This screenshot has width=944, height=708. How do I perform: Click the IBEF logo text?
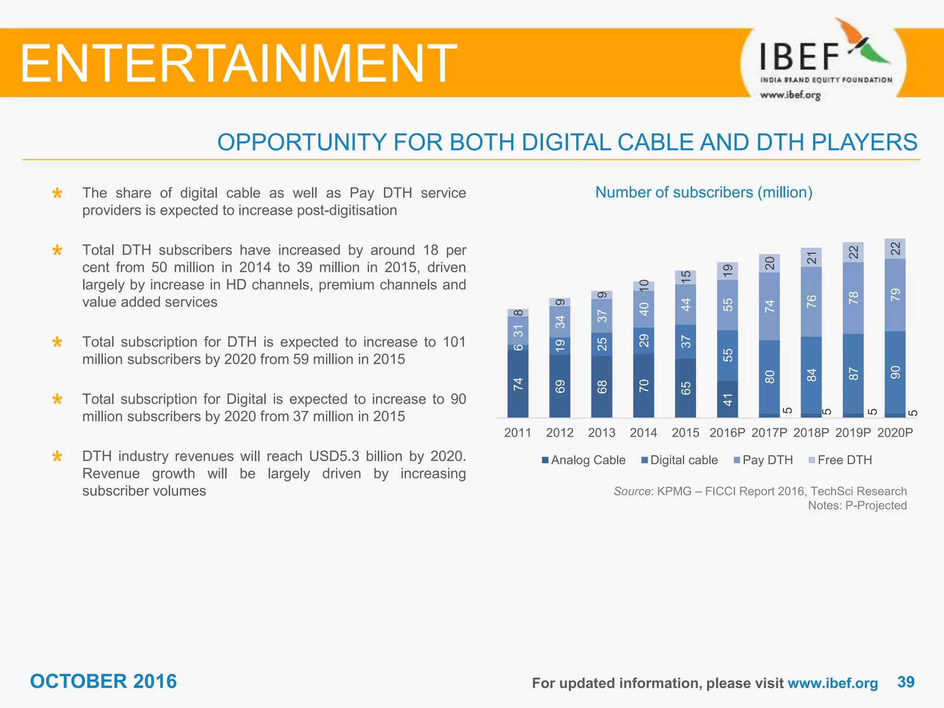pos(800,57)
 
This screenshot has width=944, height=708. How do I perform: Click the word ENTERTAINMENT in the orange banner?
pos(238,63)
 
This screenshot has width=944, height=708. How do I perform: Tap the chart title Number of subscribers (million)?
pos(703,192)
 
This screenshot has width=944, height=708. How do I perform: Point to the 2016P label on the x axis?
pos(727,433)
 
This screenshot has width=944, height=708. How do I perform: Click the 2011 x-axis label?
pos(518,433)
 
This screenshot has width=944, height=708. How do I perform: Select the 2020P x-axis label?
pos(895,433)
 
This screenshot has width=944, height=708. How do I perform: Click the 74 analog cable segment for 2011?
pos(518,383)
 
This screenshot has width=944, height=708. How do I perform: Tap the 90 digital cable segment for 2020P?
pos(895,372)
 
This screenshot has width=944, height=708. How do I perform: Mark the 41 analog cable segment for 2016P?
pos(727,399)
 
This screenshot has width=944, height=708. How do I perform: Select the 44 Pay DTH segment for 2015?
pos(685,304)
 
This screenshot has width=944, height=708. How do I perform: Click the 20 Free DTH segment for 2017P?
pos(769,263)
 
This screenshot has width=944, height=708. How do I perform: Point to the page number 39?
pos(906,682)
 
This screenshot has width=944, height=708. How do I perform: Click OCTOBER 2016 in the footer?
pos(103,681)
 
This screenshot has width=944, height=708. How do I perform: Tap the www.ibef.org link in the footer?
pos(832,683)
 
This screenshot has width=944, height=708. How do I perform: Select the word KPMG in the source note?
pos(674,491)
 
